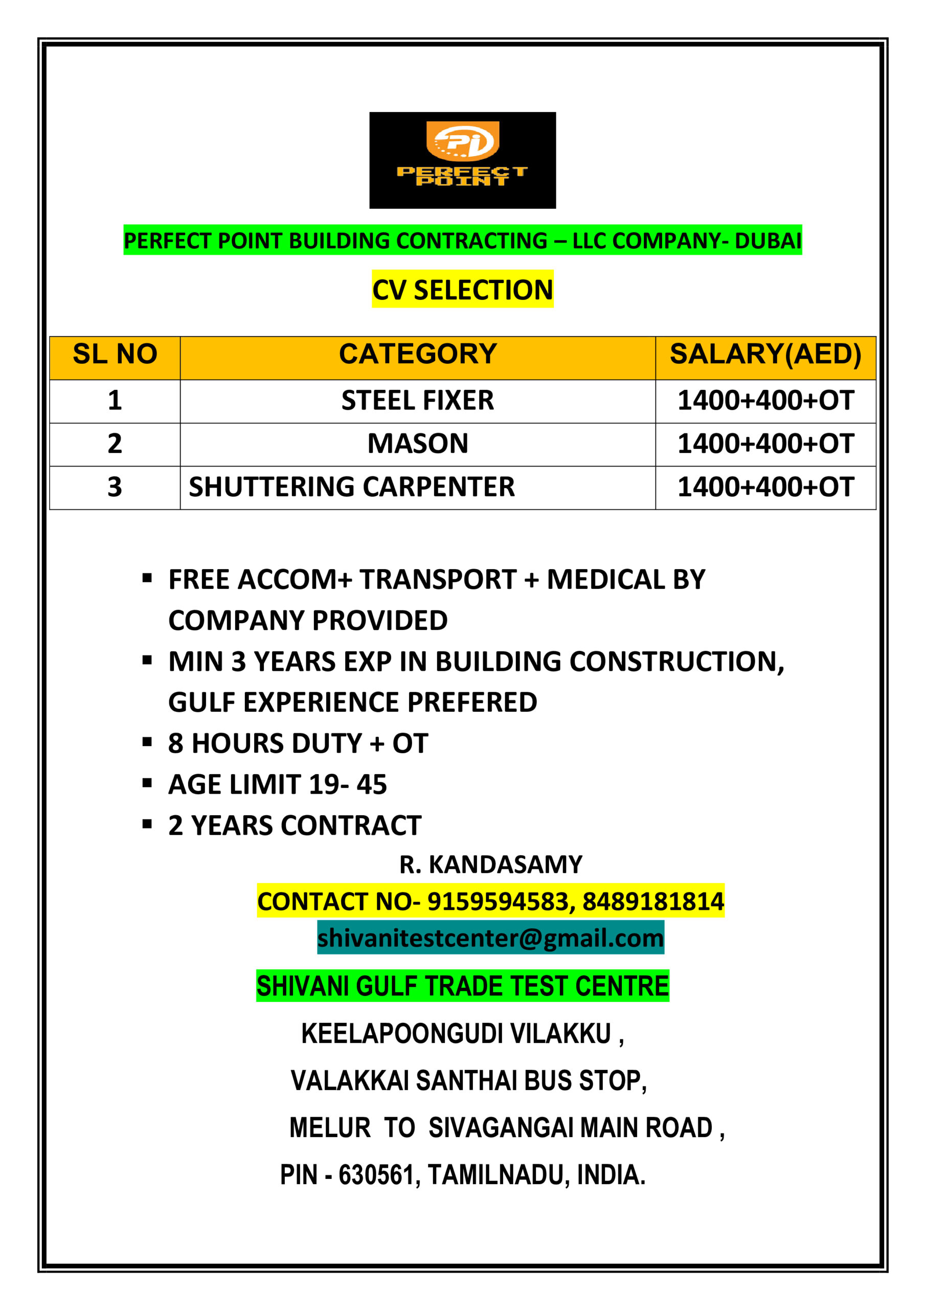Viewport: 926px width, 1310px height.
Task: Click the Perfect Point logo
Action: point(462,160)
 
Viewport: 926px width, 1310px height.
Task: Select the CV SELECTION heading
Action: point(462,290)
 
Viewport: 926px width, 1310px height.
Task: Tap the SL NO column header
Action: point(115,354)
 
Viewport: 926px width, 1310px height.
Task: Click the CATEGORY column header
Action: point(417,354)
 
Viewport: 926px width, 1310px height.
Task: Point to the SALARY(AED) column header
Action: point(765,354)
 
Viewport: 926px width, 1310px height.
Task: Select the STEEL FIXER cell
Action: point(417,401)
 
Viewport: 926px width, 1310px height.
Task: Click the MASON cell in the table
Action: point(417,444)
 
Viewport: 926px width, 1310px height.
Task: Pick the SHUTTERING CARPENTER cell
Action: point(352,487)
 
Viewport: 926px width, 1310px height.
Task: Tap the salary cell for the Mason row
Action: point(765,444)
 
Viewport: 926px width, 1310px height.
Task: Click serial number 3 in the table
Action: point(115,487)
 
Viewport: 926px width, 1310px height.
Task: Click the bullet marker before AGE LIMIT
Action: point(147,783)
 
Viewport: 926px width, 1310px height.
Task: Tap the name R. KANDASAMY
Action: point(490,865)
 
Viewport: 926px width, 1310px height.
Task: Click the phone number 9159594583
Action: point(497,902)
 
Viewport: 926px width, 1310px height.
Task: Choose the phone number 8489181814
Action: point(653,902)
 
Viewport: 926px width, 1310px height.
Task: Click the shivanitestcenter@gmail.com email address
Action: point(490,938)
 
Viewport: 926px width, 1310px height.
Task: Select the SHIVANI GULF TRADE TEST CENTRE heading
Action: point(462,987)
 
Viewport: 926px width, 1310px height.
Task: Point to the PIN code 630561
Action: point(376,1175)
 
